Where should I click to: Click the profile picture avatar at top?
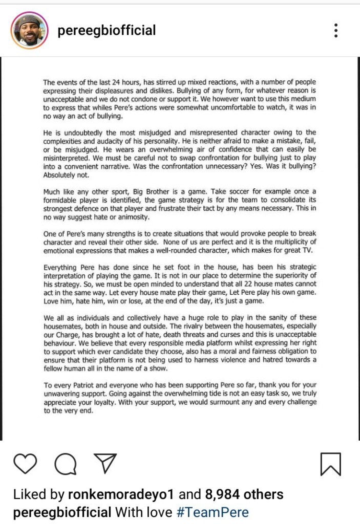click(29, 31)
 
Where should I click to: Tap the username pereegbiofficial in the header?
click(107, 31)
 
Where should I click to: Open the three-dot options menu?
click(335, 30)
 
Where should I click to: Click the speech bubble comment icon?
click(65, 464)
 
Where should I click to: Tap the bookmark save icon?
click(330, 464)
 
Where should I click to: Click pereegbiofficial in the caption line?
click(62, 512)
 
